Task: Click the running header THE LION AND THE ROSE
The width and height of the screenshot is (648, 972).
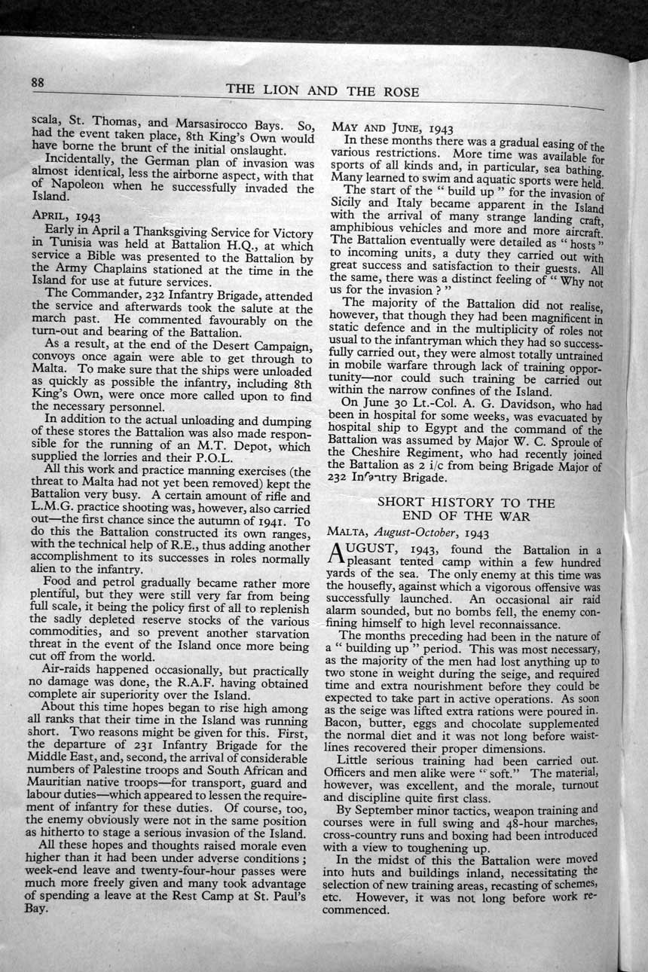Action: click(322, 90)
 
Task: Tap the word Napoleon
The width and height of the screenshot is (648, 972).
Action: click(80, 189)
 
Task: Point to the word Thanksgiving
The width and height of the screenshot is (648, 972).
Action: click(145, 229)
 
